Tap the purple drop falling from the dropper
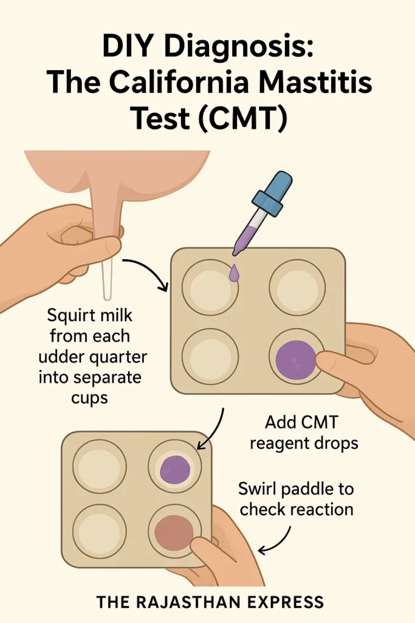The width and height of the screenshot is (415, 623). [234, 274]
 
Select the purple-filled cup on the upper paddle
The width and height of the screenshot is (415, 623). [296, 359]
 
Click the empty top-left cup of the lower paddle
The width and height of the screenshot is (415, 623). [100, 467]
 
